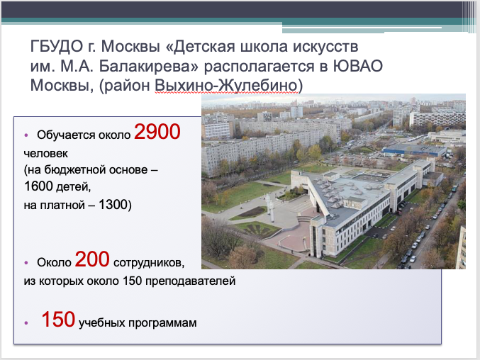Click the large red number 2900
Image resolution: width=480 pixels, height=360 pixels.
(x=157, y=132)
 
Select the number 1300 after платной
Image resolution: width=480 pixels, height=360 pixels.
(x=109, y=205)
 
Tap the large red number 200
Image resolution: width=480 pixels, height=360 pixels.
(x=91, y=260)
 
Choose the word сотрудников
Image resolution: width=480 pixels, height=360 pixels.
(x=149, y=263)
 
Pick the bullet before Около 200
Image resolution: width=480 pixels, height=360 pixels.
(x=26, y=263)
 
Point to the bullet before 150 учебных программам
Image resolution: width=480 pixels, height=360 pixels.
(x=26, y=322)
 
